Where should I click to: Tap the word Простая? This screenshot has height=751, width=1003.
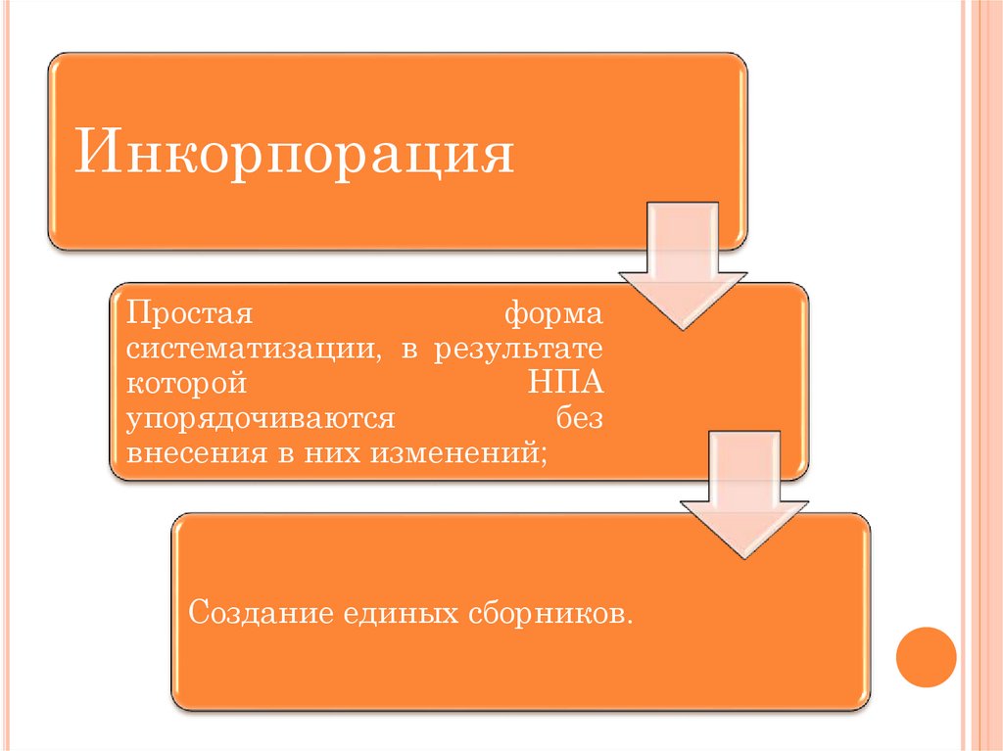(189, 316)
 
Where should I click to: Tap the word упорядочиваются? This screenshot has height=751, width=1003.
(260, 419)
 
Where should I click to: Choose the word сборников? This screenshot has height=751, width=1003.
(549, 614)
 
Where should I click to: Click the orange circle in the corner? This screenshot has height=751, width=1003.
(926, 657)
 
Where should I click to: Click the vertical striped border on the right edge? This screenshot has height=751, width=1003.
(982, 375)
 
